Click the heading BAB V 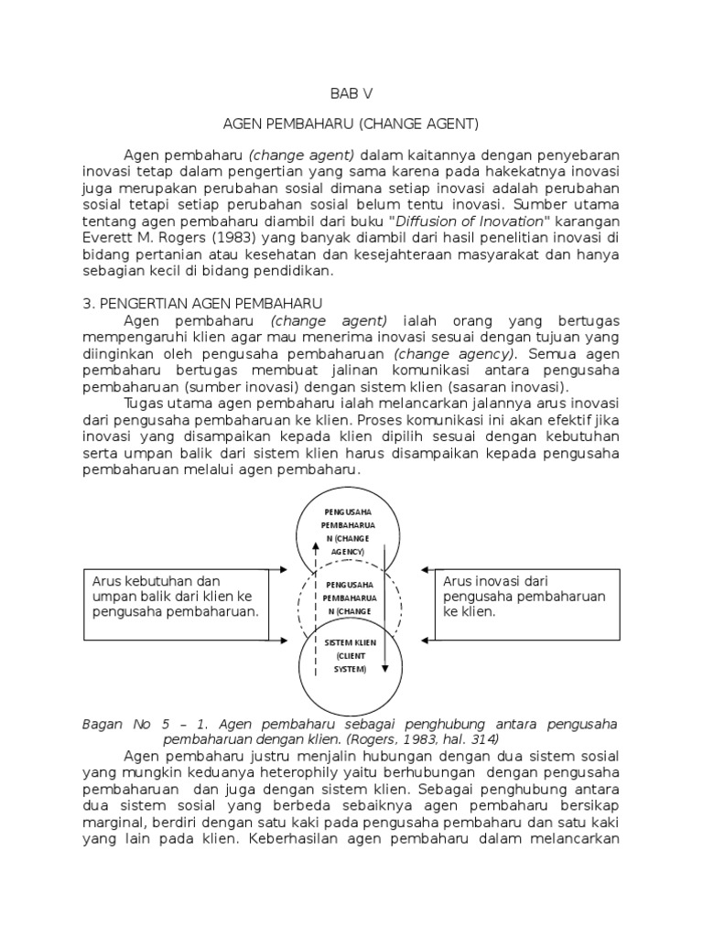351,93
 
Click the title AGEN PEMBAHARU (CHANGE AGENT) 351,123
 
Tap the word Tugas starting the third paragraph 146,403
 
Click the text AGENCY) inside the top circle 349,553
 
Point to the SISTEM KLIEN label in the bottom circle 349,643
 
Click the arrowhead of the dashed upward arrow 317,541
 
